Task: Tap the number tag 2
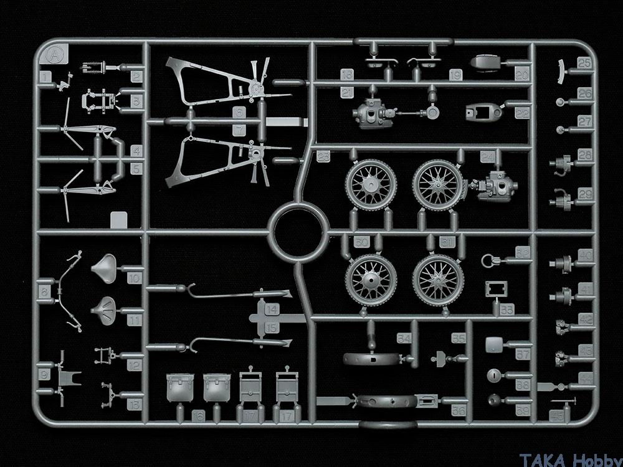pos(137,77)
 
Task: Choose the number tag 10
pos(134,278)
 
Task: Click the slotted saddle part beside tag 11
pos(105,306)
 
